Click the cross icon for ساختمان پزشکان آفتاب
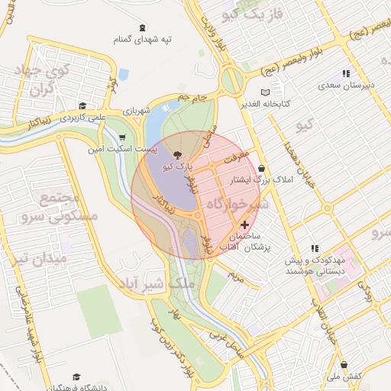click(x=244, y=225)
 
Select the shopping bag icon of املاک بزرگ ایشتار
click(x=263, y=169)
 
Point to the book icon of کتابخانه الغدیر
click(x=265, y=92)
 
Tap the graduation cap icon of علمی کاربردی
click(x=82, y=106)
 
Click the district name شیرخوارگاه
click(x=238, y=205)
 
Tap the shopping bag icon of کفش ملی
click(x=344, y=365)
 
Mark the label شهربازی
click(x=141, y=111)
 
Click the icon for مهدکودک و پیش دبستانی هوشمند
click(x=314, y=248)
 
